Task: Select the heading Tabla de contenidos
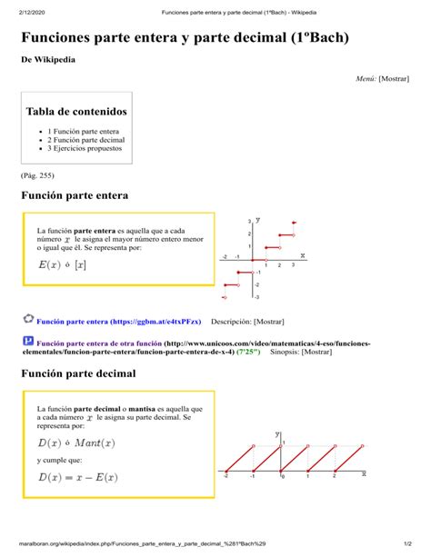(x=76, y=112)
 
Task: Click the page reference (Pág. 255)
(x=37, y=175)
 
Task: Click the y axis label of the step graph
(x=258, y=220)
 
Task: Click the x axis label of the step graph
(x=303, y=255)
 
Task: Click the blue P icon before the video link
(x=27, y=341)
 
